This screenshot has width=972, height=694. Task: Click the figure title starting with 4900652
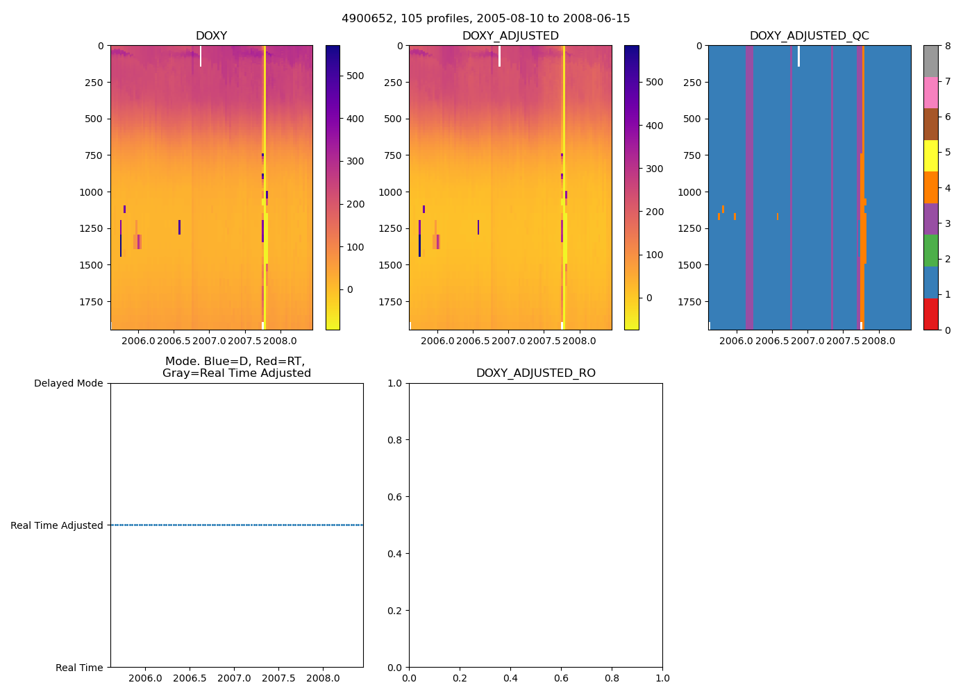tap(486, 19)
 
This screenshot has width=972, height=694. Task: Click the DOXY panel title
tap(211, 36)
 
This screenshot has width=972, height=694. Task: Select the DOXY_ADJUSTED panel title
tap(510, 36)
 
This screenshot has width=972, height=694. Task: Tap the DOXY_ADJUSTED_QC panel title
tap(809, 36)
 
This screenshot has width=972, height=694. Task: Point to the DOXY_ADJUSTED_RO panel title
tap(535, 373)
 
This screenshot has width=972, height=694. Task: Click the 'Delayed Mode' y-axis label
tap(68, 383)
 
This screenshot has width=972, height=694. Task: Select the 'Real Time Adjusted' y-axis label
tap(57, 525)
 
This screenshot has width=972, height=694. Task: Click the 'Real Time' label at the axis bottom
tap(79, 668)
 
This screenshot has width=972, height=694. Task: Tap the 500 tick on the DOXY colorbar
tap(355, 76)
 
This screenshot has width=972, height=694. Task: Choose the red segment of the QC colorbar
tap(930, 314)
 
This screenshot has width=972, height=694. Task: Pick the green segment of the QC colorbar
tap(930, 251)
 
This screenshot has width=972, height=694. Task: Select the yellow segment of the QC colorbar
tap(930, 155)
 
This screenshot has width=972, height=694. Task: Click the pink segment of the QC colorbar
tap(930, 92)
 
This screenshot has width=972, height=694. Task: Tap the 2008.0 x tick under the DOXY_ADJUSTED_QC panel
tap(879, 341)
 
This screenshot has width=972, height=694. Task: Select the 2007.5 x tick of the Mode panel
tap(279, 678)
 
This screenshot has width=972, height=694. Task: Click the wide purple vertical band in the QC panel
tap(749, 187)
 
